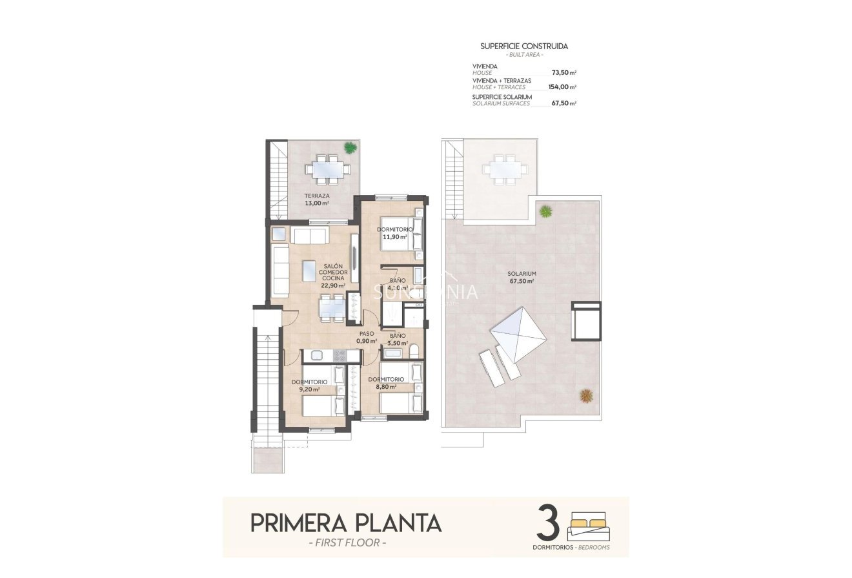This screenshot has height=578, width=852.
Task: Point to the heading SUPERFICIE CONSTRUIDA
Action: [x=524, y=46]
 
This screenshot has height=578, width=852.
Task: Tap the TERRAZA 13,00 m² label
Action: [x=317, y=199]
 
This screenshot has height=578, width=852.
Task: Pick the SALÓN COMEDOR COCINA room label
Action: [x=332, y=275]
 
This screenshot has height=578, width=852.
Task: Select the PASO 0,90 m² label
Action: [x=367, y=337]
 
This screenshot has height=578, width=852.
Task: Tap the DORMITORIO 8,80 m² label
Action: [x=385, y=383]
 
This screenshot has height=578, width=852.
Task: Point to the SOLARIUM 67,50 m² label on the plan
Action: [x=522, y=277]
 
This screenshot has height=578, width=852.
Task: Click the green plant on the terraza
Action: [x=350, y=148]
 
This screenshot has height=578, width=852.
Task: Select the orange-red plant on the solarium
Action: [x=586, y=395]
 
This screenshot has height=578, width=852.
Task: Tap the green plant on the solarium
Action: [x=546, y=211]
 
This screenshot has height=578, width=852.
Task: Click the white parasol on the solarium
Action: [x=518, y=334]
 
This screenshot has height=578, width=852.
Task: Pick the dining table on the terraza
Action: [x=328, y=169]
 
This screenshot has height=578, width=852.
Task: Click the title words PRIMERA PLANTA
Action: [x=345, y=522]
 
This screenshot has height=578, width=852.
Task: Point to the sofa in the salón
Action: [x=281, y=271]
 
